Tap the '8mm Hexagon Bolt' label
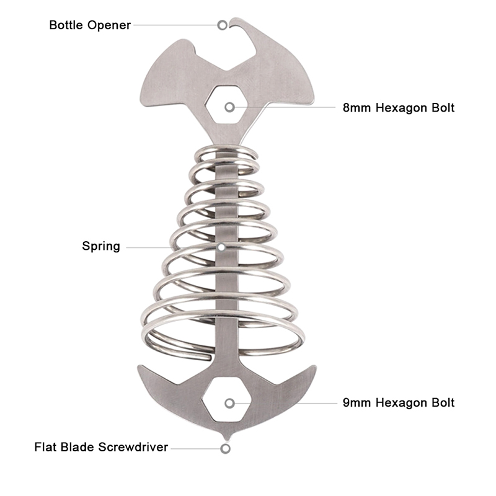pos(398,107)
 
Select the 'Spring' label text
pos(101,246)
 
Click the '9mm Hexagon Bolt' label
pos(398,402)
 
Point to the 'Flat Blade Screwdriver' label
pos(101,447)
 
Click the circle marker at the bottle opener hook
pos(223,25)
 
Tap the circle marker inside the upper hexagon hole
pos(230,107)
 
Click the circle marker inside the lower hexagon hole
pos(230,403)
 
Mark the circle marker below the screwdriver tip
pos(226,448)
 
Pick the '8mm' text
pos(356,107)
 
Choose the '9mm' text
pos(356,402)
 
